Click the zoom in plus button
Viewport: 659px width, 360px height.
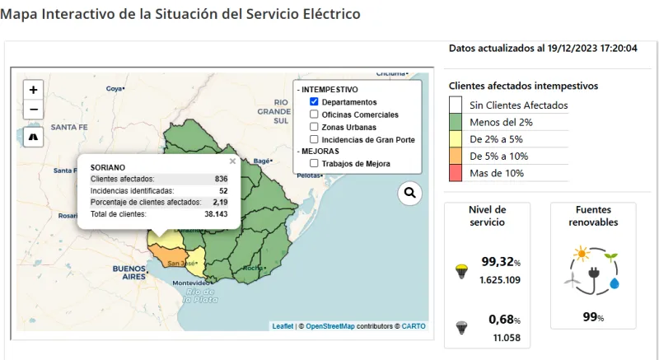[33, 90]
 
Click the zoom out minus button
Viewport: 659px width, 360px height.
[33, 110]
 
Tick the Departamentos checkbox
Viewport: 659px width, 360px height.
[314, 101]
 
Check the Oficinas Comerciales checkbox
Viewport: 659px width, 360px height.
[314, 115]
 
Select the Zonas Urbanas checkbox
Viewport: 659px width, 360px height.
[314, 127]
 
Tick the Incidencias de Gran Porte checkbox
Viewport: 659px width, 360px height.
[314, 139]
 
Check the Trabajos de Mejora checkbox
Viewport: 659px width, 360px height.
[314, 163]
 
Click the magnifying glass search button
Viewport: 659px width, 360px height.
[409, 194]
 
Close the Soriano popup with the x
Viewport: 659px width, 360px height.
[232, 161]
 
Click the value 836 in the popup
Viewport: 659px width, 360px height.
[221, 179]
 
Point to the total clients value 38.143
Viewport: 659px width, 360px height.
[216, 213]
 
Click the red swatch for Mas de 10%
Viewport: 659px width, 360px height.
[456, 173]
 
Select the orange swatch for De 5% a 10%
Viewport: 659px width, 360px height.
[456, 156]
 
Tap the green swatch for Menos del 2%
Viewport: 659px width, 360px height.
[456, 122]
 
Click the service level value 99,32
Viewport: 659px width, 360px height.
[498, 262]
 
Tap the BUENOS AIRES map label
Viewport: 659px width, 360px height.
[129, 273]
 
